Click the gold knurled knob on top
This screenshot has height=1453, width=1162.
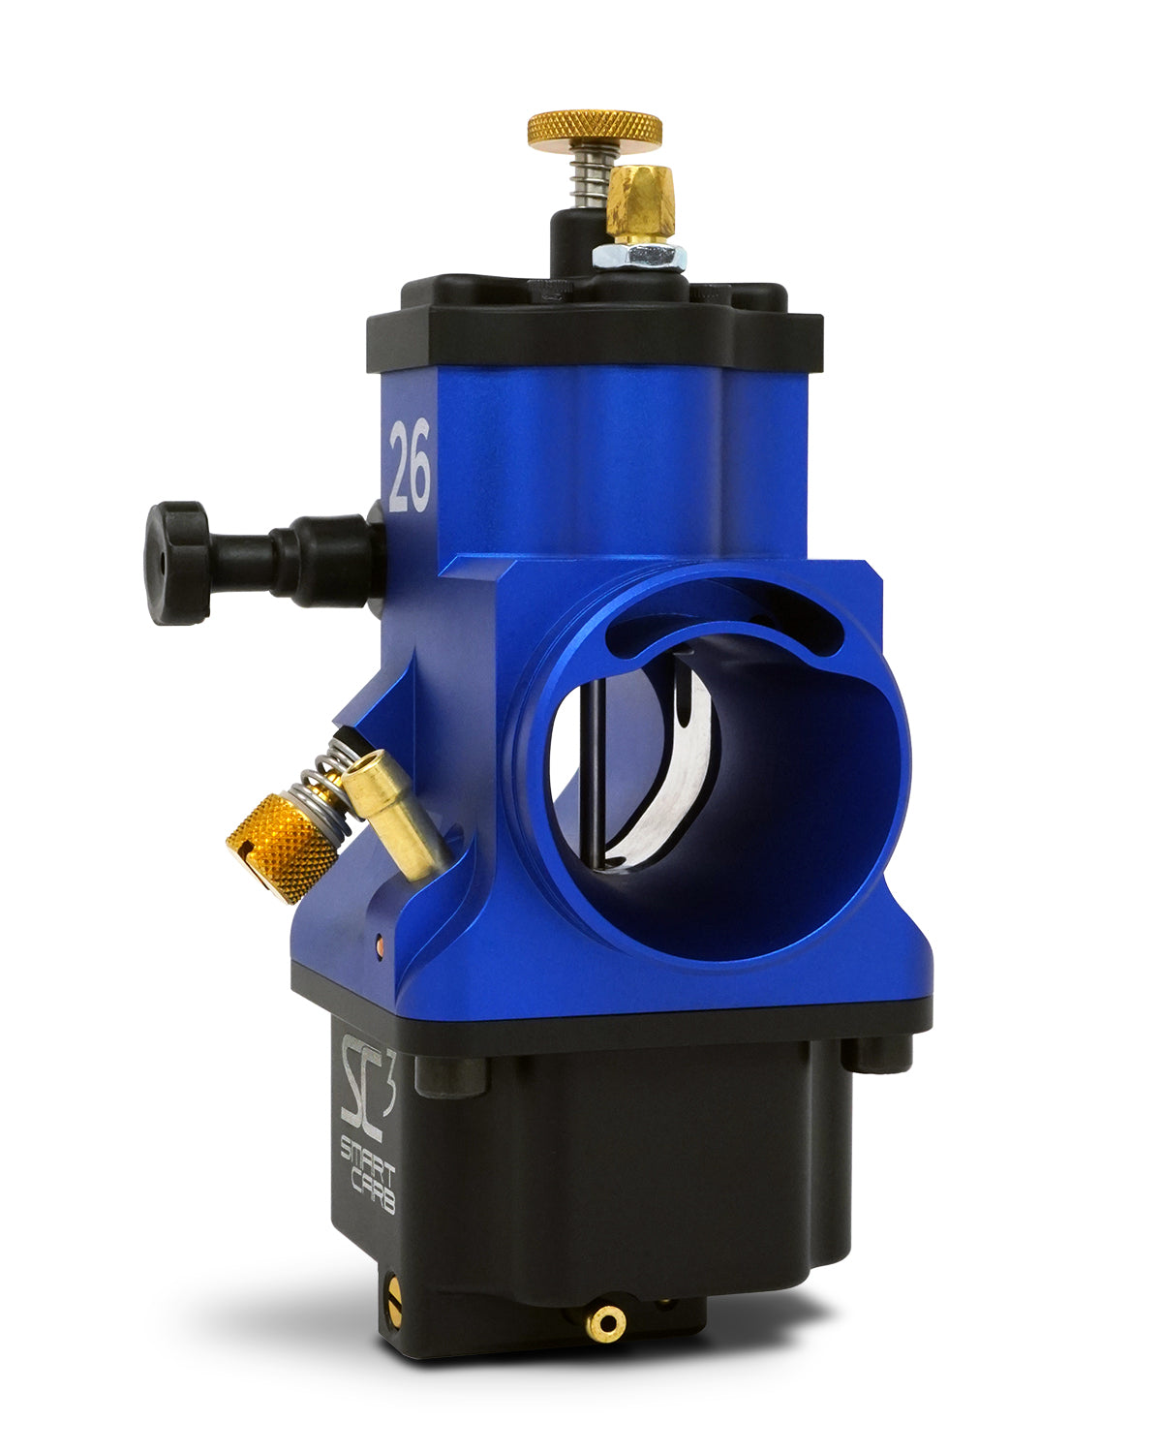click(x=595, y=129)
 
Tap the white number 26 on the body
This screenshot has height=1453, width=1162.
click(x=410, y=465)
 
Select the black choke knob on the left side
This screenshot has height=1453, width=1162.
click(x=177, y=563)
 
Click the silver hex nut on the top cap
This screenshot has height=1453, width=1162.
click(x=639, y=257)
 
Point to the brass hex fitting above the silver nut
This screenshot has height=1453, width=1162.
click(x=640, y=202)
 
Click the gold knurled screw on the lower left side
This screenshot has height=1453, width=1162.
click(x=282, y=848)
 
